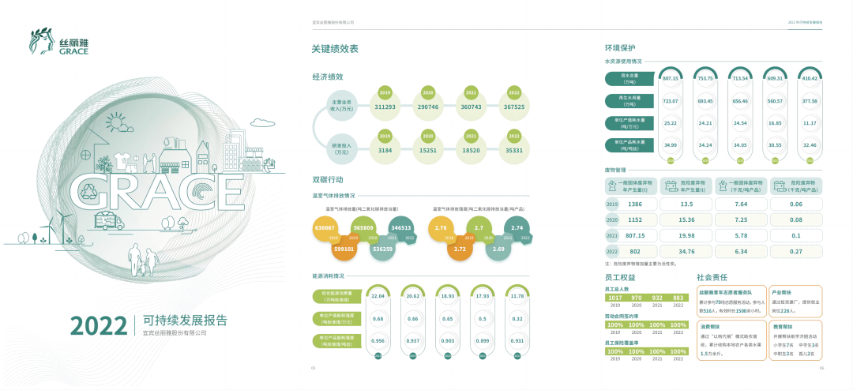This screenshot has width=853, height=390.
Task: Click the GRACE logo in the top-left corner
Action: tap(59, 43)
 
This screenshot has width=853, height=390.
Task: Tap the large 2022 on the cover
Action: tap(98, 324)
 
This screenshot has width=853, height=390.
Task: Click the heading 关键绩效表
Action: tap(335, 49)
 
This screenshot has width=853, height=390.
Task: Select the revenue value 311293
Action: tap(385, 107)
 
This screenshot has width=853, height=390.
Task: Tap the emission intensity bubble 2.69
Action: tap(498, 249)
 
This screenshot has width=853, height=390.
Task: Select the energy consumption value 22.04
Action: tap(378, 296)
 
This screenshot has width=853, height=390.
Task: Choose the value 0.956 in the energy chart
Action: tap(378, 340)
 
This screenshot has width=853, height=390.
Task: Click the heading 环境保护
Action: tap(620, 47)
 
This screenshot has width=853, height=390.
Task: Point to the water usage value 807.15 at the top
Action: tap(671, 78)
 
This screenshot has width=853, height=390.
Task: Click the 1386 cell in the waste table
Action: tap(635, 204)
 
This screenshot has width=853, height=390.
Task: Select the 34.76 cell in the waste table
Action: tap(686, 251)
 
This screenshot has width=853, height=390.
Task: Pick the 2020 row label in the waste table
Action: tap(611, 219)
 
